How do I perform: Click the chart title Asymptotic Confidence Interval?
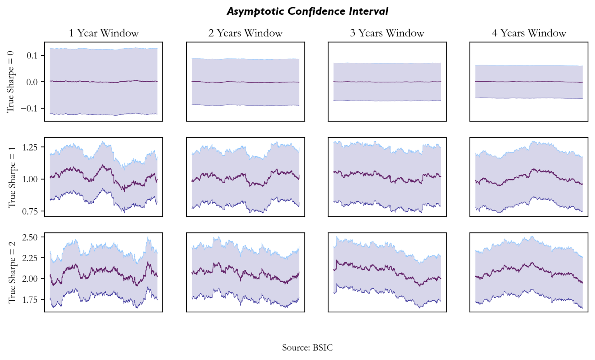click(307, 11)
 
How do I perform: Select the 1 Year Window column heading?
click(103, 33)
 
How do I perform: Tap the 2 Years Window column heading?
click(245, 33)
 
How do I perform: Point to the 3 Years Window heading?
click(387, 33)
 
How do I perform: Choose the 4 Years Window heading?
click(529, 33)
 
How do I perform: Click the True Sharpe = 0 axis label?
click(10, 82)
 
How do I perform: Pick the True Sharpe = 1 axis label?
click(12, 177)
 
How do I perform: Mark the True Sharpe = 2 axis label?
click(12, 272)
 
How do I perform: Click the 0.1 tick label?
click(32, 55)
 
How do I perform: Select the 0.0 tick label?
click(32, 82)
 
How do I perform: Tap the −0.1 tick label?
click(29, 109)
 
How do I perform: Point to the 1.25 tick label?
click(30, 147)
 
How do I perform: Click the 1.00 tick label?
click(30, 179)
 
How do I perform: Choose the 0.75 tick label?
click(30, 211)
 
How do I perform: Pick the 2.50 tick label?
click(30, 237)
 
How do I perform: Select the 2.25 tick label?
click(30, 258)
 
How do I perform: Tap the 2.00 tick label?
click(30, 279)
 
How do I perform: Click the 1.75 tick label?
click(30, 300)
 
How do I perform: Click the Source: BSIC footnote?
click(307, 348)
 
